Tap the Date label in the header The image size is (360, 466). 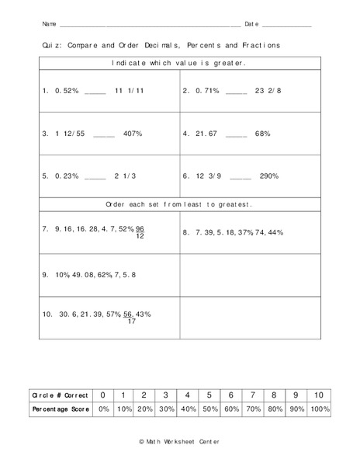(x=251, y=24)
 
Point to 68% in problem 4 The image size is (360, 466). (x=261, y=134)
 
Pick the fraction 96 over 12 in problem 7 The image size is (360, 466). (x=140, y=232)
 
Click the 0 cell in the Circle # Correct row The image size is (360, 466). (x=103, y=395)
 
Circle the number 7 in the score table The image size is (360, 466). (x=253, y=395)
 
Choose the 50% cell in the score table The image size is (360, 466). (x=209, y=409)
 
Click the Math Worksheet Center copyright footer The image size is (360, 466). (x=179, y=440)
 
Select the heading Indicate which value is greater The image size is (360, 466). (x=179, y=63)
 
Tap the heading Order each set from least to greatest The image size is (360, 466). (x=179, y=204)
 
